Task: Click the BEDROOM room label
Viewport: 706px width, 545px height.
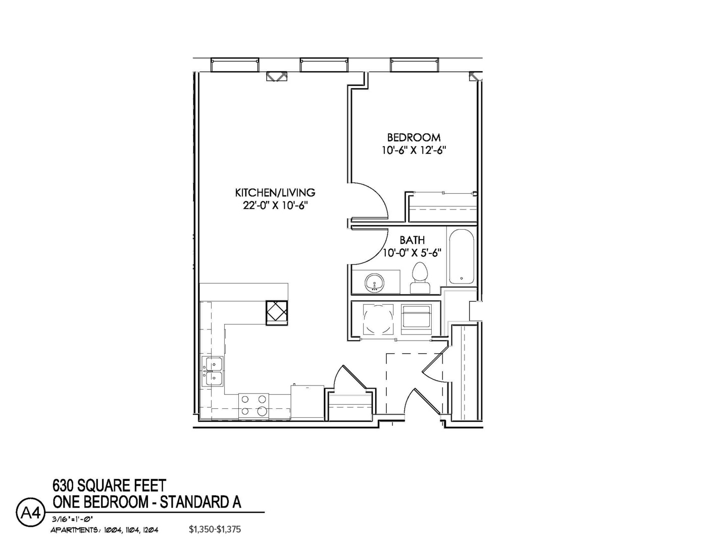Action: [414, 137]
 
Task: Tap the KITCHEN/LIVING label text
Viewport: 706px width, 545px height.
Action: [275, 192]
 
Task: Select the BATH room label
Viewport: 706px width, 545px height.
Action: [412, 240]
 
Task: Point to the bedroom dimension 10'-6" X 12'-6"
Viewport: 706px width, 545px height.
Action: [414, 150]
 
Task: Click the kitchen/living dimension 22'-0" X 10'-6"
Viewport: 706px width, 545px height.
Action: [275, 205]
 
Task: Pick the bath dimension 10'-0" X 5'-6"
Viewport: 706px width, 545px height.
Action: [412, 253]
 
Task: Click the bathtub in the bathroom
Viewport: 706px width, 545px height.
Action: [461, 256]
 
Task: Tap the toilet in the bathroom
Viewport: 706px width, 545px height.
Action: [420, 278]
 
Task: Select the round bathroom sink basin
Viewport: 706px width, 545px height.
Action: [375, 282]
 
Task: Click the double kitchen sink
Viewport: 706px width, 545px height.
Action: [213, 371]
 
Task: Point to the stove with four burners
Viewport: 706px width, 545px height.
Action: [254, 405]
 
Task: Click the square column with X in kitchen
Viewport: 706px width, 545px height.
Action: [277, 311]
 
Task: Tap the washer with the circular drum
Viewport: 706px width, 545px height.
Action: [378, 318]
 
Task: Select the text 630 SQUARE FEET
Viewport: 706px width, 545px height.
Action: [109, 485]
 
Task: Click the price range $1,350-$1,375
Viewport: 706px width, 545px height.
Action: [215, 529]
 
